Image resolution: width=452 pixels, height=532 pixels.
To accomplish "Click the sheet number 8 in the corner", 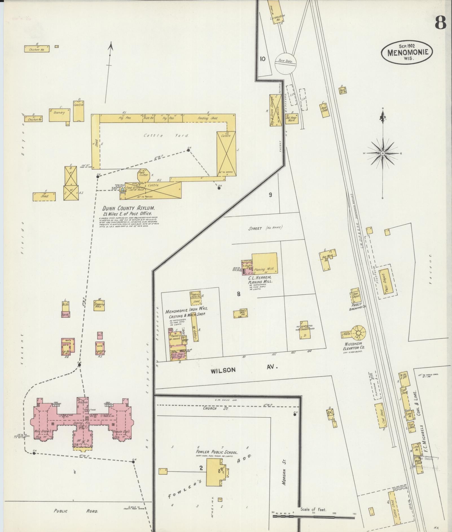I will point(440,23).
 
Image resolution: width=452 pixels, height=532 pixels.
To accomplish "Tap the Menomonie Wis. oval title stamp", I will point(406,52).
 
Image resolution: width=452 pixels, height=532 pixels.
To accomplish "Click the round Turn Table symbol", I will point(285,63).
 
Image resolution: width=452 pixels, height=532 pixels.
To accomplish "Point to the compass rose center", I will point(383,153).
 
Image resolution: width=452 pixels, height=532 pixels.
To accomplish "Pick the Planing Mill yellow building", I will point(265,263).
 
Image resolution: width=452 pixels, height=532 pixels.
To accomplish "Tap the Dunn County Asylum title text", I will point(129,208).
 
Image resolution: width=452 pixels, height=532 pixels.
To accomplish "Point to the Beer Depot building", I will point(355,295).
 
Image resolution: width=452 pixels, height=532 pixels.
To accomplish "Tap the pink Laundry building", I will point(100,348).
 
